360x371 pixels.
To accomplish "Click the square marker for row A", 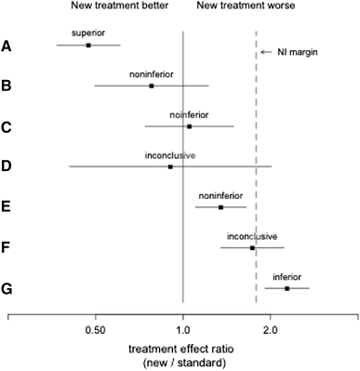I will pos(88,45).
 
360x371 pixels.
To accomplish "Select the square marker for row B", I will pos(151,86).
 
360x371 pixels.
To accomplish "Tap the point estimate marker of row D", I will pos(170,166).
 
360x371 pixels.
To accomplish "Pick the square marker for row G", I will pos(287,288).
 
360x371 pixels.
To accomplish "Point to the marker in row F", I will pos(252,248).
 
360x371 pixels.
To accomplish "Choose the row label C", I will pos(7,126).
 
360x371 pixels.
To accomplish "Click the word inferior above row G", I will pos(287,277).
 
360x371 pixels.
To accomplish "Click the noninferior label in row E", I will pos(220,196).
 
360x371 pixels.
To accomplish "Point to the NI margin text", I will pos(299,52).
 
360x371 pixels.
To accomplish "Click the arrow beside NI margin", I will pos(267,52).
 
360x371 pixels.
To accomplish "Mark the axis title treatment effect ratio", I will pos(182,349).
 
